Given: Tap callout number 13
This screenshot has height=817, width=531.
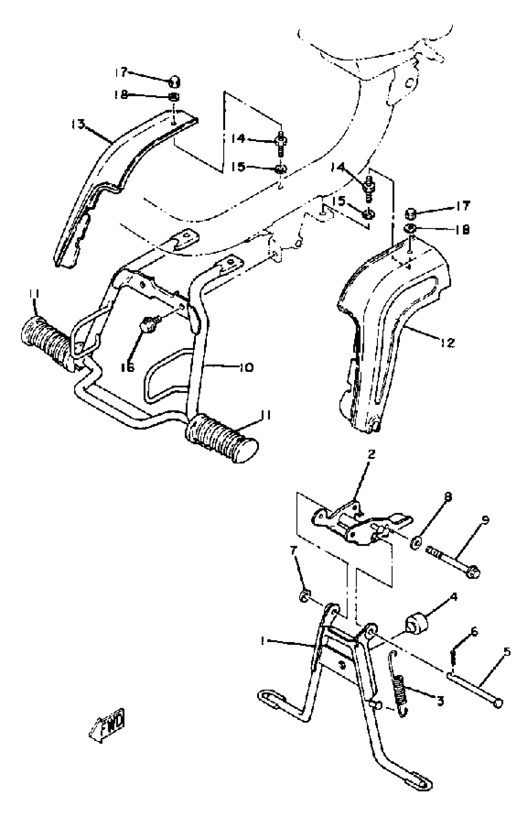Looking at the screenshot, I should [x=78, y=124].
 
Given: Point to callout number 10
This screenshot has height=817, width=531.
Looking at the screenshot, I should [x=247, y=368].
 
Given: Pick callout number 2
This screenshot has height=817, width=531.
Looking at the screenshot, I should [x=371, y=454].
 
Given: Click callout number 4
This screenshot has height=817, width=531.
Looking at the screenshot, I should [x=454, y=597].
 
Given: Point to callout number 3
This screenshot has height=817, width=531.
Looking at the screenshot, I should [x=440, y=700].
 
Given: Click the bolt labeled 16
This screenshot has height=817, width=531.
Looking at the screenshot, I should [x=148, y=324].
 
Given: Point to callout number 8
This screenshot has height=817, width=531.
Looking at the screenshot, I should [x=448, y=496].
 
